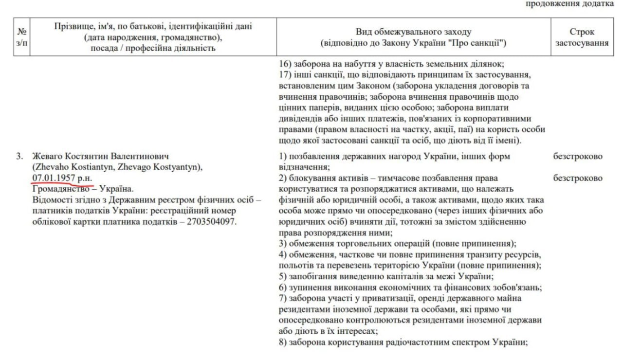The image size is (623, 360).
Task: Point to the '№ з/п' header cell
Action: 21,37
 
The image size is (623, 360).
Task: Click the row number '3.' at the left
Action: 19,156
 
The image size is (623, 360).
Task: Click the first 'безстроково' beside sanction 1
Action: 578,156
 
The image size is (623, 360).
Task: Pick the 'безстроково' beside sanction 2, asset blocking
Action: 578,178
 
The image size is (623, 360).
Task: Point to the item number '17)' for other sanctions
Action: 285,75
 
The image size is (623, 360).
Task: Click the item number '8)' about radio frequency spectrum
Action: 283,342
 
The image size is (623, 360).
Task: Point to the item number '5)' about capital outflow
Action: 283,276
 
